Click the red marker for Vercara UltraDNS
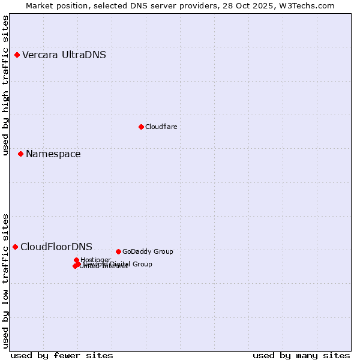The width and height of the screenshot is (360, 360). tap(17, 55)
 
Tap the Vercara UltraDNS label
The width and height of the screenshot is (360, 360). tap(64, 55)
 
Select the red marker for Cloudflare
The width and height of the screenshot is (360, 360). tap(141, 127)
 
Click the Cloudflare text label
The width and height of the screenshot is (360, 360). tap(161, 127)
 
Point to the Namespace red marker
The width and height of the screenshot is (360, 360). tap(20, 154)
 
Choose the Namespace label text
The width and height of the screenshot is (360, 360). tap(53, 154)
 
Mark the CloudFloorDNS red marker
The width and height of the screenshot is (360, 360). tap(15, 247)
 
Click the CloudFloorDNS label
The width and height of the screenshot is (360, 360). tap(56, 247)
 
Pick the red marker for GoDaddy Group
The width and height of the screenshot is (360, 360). tap(118, 251)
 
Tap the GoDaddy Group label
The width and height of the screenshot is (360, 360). tap(148, 251)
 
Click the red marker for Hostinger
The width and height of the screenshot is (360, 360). tap(76, 260)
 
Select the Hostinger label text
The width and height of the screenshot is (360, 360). tap(95, 260)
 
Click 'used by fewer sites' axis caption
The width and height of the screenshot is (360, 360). tap(62, 356)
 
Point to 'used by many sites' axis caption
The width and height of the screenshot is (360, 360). tap(301, 356)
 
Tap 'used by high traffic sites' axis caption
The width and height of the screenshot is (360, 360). tap(6, 85)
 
